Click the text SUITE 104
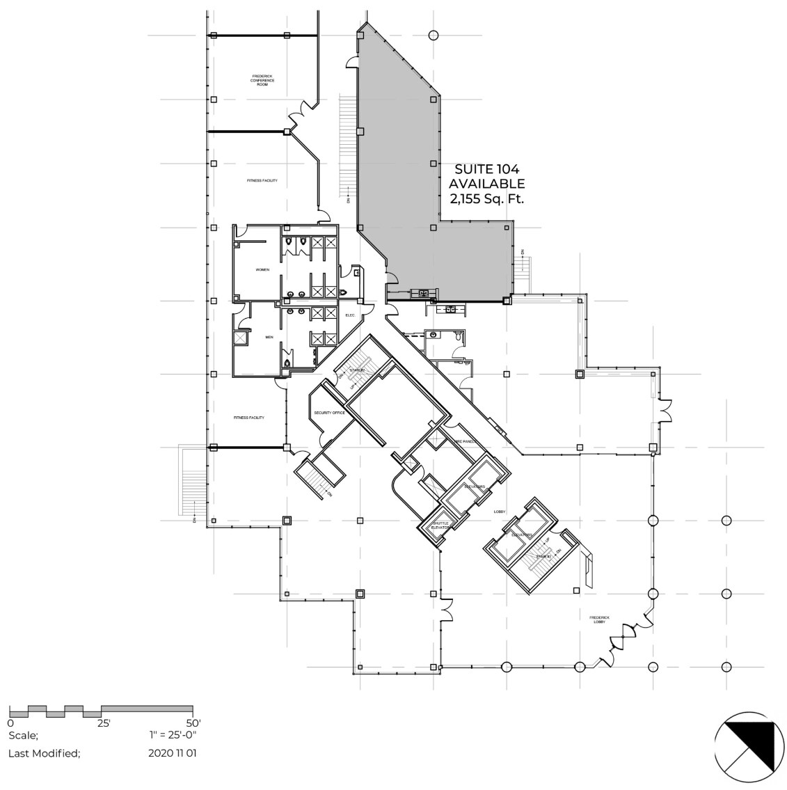click(x=486, y=168)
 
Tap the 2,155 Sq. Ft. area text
click(x=486, y=199)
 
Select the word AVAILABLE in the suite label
click(x=486, y=184)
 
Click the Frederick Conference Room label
click(x=263, y=80)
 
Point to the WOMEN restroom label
click(x=262, y=269)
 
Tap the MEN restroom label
click(x=269, y=338)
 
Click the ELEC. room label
click(x=351, y=315)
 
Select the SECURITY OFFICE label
click(x=329, y=413)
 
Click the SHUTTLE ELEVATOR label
click(x=440, y=526)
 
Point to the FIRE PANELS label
click(x=465, y=441)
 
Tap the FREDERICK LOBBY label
click(x=600, y=619)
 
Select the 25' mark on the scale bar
click(x=103, y=723)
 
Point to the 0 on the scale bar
click(x=11, y=723)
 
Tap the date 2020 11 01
click(x=173, y=753)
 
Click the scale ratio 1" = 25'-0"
click(x=173, y=735)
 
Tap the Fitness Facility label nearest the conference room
click(x=262, y=181)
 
